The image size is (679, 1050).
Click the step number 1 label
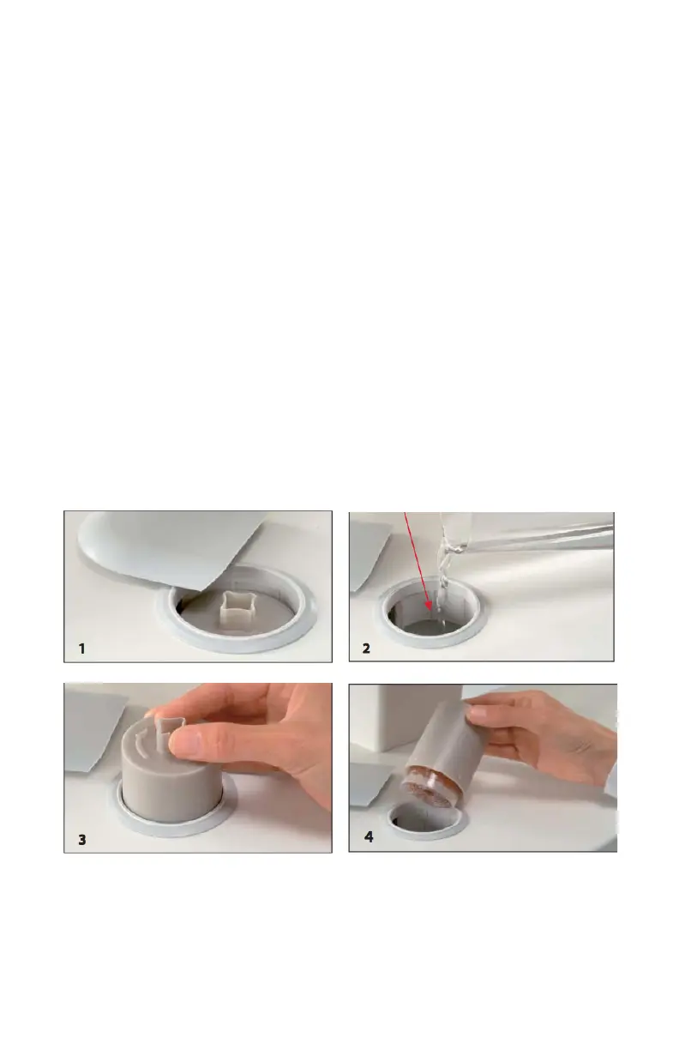[x=81, y=649]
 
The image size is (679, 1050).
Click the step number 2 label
[x=366, y=649]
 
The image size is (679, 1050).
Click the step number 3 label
[x=82, y=840]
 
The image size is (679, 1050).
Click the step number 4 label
[x=369, y=837]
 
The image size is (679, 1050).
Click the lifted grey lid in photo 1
[x=169, y=545]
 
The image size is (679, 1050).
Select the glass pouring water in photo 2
[x=520, y=534]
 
